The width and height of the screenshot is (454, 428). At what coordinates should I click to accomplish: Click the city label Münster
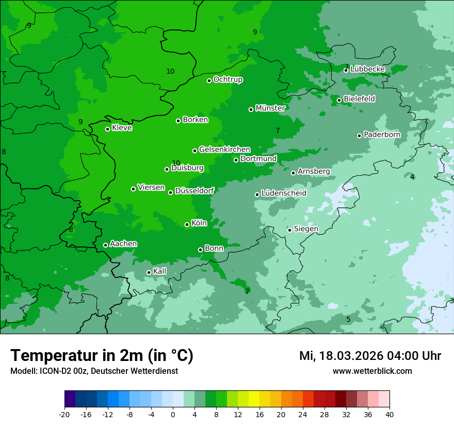click(x=270, y=108)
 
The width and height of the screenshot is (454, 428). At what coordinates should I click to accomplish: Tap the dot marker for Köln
click(x=187, y=224)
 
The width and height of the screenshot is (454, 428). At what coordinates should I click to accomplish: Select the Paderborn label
click(x=382, y=135)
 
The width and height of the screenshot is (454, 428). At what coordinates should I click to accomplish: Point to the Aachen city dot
click(x=106, y=245)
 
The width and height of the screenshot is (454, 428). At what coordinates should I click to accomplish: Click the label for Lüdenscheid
click(x=284, y=193)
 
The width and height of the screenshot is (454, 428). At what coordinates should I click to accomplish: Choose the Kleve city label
click(x=122, y=128)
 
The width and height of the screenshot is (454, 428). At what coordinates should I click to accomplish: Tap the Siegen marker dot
click(x=290, y=230)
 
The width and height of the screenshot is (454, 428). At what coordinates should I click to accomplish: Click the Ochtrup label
click(x=228, y=79)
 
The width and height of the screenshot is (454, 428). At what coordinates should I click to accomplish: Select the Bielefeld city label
click(x=359, y=98)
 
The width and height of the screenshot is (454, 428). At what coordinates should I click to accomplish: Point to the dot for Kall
click(x=149, y=272)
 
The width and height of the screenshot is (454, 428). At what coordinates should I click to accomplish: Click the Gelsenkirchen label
click(x=224, y=150)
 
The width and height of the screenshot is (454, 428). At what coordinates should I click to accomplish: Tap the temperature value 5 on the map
click(x=348, y=320)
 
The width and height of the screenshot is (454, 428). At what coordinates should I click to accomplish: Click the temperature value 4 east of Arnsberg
click(x=412, y=177)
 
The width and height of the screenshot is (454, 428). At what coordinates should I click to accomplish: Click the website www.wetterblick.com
click(x=372, y=371)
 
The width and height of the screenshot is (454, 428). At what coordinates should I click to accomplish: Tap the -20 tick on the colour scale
click(x=64, y=414)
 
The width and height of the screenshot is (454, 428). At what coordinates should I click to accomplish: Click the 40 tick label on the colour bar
click(x=390, y=414)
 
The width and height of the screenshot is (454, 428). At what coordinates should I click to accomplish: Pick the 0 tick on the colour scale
click(x=173, y=414)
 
